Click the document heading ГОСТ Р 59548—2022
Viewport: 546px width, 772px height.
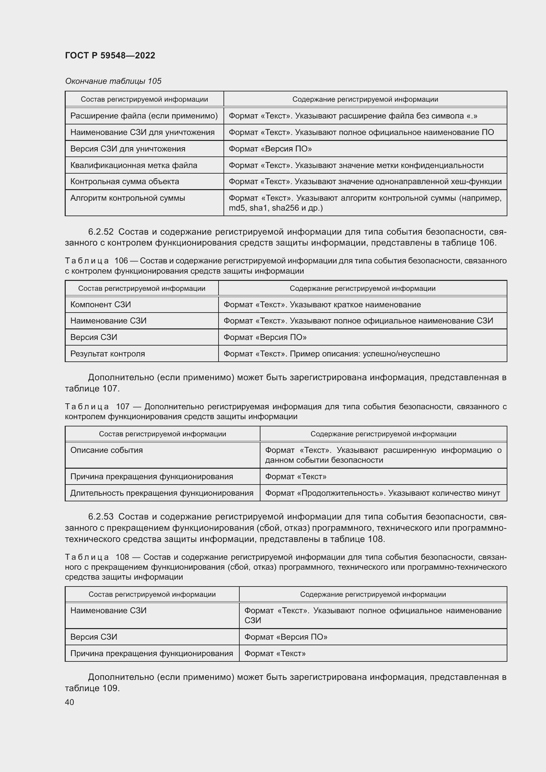coord(110,55)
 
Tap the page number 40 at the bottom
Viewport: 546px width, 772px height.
coord(69,702)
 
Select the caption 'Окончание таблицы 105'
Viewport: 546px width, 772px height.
coord(113,81)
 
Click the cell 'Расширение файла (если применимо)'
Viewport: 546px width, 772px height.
coord(144,116)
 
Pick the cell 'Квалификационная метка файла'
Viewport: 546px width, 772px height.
coord(133,165)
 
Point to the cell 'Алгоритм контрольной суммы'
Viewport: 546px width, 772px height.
coord(127,198)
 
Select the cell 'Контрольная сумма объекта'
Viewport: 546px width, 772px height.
coord(124,182)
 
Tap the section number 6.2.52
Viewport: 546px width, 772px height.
coord(101,232)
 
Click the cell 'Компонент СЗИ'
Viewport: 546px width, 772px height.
coord(101,305)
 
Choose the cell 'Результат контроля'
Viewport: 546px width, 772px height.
coord(107,354)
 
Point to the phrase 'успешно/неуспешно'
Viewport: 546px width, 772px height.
coord(401,354)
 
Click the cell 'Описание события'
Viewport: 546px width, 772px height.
coord(106,450)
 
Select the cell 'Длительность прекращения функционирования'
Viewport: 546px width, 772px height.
coord(161,493)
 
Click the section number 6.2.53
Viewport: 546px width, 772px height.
coord(101,517)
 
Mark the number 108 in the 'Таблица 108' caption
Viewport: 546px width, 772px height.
coord(122,557)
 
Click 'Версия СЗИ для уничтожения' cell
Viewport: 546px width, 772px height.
coord(127,149)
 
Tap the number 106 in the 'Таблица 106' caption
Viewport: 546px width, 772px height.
coord(121,261)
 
